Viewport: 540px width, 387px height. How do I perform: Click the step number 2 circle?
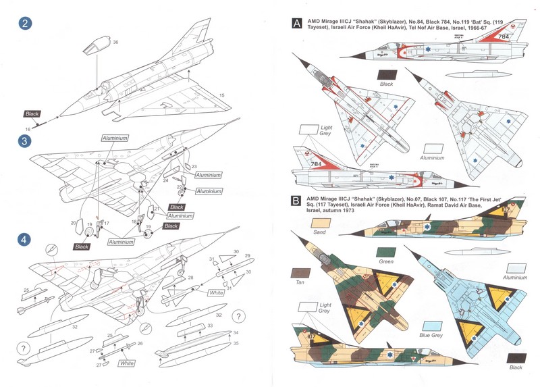pos(26,24)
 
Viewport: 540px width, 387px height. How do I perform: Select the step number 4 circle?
pos(26,239)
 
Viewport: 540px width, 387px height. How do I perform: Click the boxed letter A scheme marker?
pos(296,24)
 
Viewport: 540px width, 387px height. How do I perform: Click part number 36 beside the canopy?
pos(115,43)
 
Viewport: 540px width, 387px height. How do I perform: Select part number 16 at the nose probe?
pos(28,127)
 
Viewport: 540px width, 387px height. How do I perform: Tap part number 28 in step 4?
pos(191,278)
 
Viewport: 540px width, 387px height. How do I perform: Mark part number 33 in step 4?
pos(210,325)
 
